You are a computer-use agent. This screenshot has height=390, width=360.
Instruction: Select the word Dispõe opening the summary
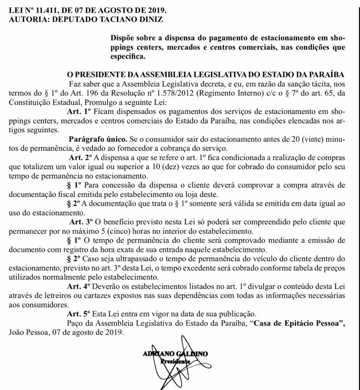click(x=123, y=38)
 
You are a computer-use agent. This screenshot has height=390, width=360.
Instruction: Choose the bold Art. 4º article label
click(x=79, y=286)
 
